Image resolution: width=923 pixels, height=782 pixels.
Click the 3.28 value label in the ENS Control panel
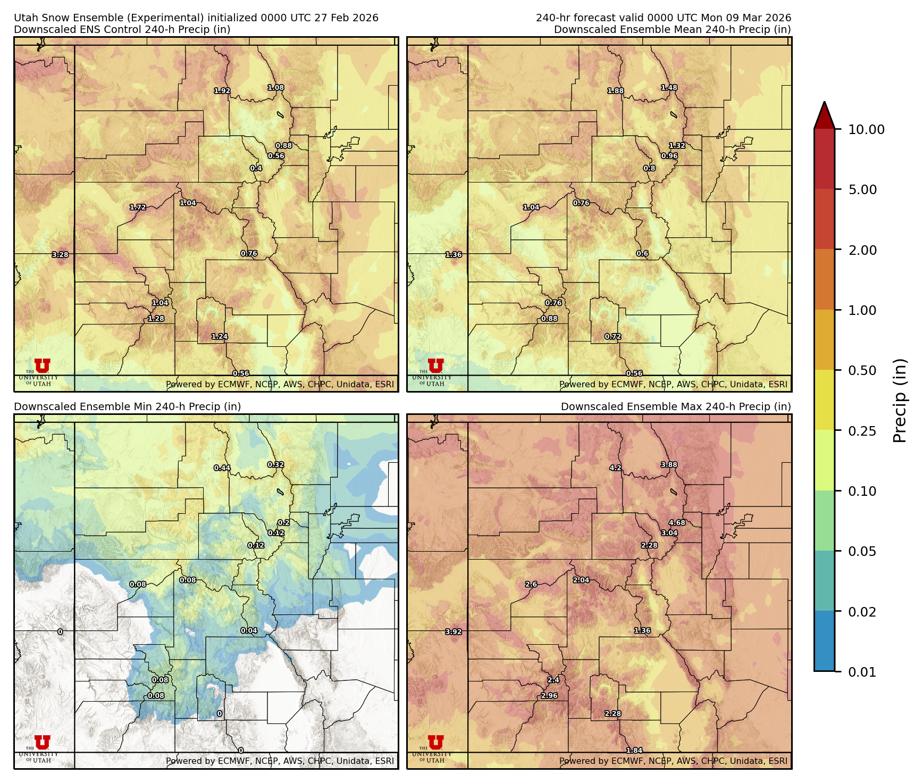click(x=60, y=255)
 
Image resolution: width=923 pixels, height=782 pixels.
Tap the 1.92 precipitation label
click(x=222, y=91)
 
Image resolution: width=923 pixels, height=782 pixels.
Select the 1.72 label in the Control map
click(x=138, y=207)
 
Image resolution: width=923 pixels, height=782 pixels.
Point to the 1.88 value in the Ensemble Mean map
click(x=616, y=91)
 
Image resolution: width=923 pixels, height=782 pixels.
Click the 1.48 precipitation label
click(x=669, y=88)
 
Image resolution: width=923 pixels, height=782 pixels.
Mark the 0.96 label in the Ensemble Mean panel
click(x=669, y=156)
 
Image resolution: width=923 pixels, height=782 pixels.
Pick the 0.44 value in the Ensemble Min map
click(x=222, y=468)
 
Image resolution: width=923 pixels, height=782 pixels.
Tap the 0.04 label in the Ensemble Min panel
click(x=249, y=630)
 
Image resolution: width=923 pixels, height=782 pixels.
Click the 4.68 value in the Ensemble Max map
click(x=677, y=522)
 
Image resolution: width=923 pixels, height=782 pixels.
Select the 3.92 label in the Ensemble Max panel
click(x=454, y=632)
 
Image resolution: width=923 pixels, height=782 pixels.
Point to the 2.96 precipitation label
click(x=549, y=695)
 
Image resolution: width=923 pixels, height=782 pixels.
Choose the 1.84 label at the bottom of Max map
click(x=634, y=750)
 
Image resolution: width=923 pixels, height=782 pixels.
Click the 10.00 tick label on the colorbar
click(x=866, y=129)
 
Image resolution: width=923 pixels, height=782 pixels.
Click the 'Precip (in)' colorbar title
click(x=900, y=401)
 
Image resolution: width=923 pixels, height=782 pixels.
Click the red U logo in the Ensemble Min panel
click(x=43, y=742)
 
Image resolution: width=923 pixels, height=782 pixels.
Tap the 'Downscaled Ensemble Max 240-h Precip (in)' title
click(x=676, y=406)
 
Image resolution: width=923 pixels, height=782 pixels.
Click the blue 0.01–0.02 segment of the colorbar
click(x=824, y=641)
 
